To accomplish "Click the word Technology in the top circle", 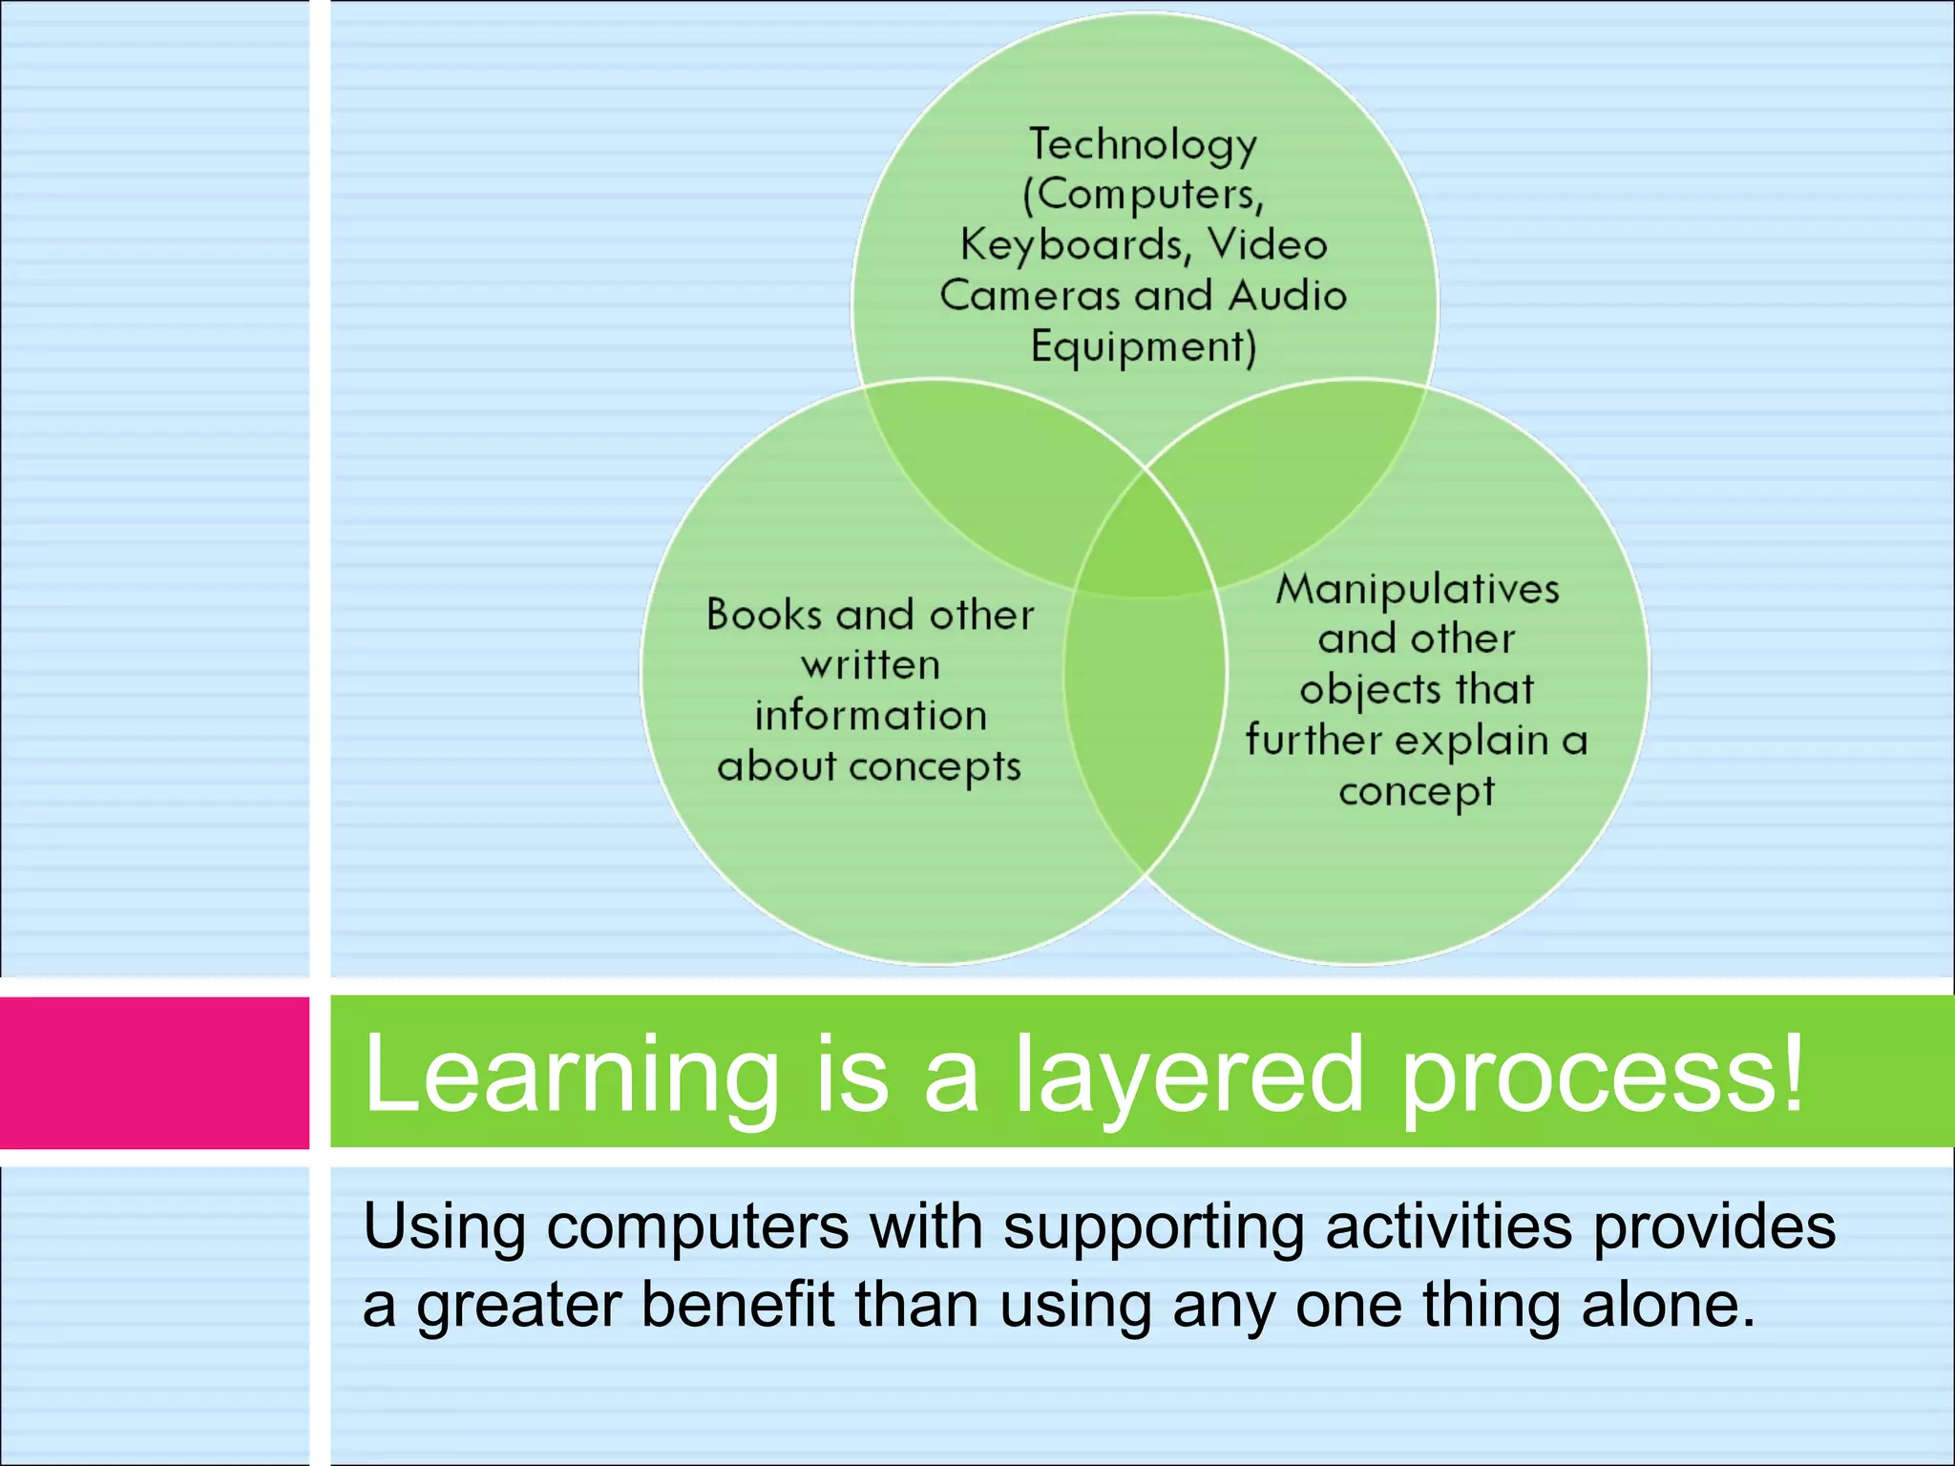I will pos(1143,145).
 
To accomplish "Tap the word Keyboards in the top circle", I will pos(1072,245).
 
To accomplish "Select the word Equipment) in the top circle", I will pos(1143,346).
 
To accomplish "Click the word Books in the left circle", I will pos(764,614).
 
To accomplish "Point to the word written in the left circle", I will pos(871,665).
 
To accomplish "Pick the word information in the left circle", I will pos(871,716).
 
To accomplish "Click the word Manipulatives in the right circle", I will pos(1418,589).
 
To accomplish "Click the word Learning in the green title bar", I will pos(571,1075).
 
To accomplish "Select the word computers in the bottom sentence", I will pos(697,1227).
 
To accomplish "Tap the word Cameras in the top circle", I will pos(1028,296).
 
